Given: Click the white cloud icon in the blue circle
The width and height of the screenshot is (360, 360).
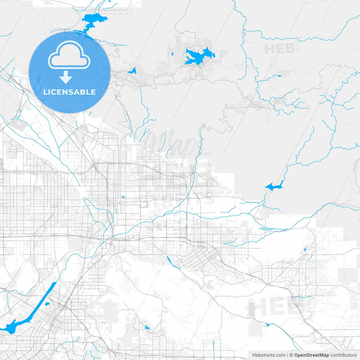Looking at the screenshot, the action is click(x=69, y=55).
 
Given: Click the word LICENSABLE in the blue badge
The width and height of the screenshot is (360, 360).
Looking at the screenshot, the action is click(x=69, y=92).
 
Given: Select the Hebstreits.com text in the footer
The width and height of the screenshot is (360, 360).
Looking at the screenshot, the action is click(x=269, y=355).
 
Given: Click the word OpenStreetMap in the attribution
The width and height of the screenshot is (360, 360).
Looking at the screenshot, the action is click(x=311, y=355).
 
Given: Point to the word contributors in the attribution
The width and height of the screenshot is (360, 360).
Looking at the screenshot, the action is click(x=343, y=355).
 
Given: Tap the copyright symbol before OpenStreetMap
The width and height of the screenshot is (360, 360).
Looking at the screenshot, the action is click(x=291, y=355).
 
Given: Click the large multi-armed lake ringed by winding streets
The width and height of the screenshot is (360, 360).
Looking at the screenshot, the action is click(x=198, y=57).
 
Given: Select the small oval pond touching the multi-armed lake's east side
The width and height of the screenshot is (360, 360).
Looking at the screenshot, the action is click(x=214, y=55).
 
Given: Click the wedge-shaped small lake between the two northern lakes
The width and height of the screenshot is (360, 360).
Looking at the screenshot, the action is click(x=132, y=71).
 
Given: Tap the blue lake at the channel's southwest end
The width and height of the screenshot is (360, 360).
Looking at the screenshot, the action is click(x=10, y=328).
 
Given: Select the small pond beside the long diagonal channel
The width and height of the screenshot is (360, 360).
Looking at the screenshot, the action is click(x=47, y=304).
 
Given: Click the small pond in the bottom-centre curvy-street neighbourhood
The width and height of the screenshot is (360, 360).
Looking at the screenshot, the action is click(x=147, y=327).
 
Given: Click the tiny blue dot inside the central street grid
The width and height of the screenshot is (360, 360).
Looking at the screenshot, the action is click(x=123, y=197).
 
